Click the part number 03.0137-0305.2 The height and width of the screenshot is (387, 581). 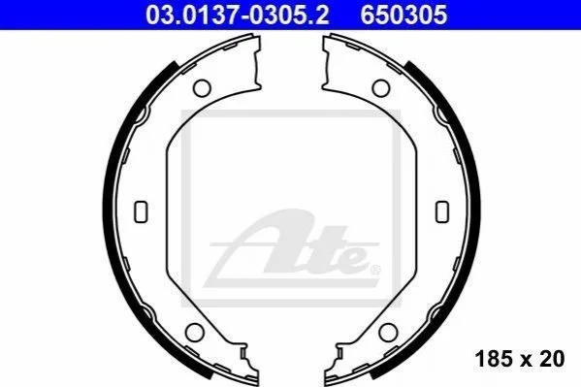pos(237,15)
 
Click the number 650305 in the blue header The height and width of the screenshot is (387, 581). pos(403,15)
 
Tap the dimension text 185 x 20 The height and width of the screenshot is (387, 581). pos(520,359)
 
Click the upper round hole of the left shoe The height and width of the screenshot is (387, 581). pos(202,88)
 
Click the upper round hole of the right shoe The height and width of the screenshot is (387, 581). pos(381,88)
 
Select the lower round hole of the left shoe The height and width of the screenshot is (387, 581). pos(195,332)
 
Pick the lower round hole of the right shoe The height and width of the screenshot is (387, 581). pos(388,332)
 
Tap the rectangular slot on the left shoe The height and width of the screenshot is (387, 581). pos(141,211)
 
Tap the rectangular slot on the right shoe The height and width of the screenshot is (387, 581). pos(442,211)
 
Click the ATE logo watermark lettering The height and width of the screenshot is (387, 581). pos(292,248)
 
